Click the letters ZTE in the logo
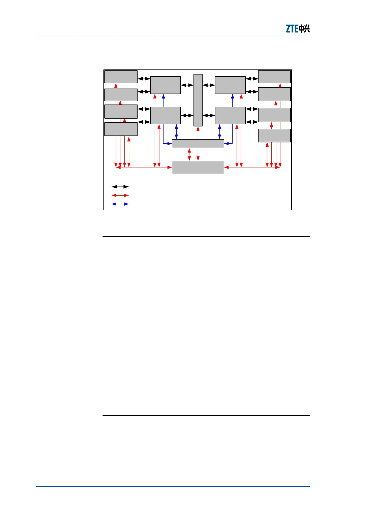coord(292,29)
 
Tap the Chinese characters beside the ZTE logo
coord(304,29)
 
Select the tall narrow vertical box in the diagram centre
coord(198,100)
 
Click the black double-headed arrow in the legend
coord(120,187)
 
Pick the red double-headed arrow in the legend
coord(120,195)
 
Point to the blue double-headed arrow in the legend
coord(120,204)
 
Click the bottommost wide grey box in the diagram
coord(198,167)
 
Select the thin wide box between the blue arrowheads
coord(198,144)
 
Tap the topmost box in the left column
coord(121,77)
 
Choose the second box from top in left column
coord(121,95)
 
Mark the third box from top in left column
coord(121,111)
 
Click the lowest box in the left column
coord(121,129)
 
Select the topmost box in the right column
coord(274,77)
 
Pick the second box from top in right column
coord(274,94)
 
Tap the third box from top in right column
coord(274,115)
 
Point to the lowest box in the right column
coord(274,136)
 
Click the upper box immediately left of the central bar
coord(165,85)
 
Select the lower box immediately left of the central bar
coord(165,115)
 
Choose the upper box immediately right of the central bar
coord(230,85)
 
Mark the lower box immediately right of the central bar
coord(230,115)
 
